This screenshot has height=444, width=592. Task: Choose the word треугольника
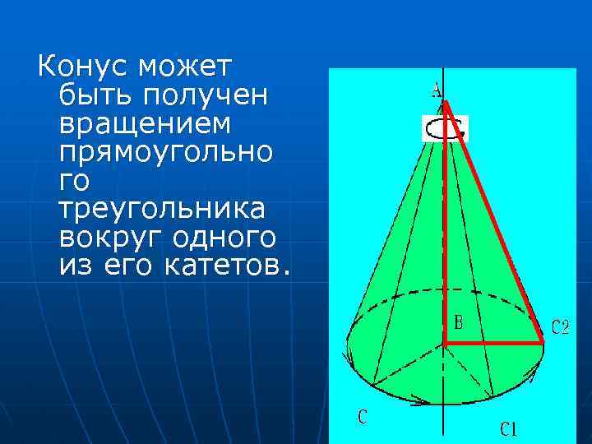[x=163, y=210]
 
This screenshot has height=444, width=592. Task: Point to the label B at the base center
[x=459, y=323]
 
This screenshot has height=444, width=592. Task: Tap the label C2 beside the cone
[x=560, y=329]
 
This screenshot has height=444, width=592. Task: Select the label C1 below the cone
[x=510, y=428]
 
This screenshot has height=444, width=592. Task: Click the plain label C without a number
[x=362, y=417]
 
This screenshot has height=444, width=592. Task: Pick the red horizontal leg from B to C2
[x=493, y=340]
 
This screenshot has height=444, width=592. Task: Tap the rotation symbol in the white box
[x=445, y=128]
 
